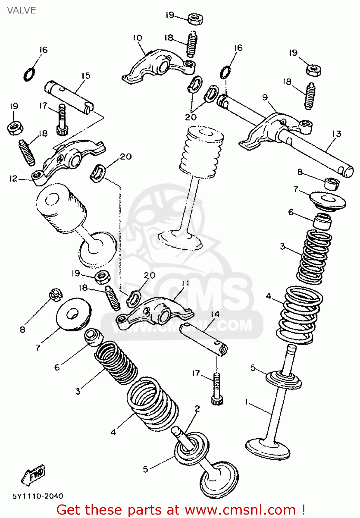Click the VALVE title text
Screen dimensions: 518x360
[x=21, y=10]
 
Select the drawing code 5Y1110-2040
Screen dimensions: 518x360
[x=38, y=496]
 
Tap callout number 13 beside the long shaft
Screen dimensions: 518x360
[x=336, y=134]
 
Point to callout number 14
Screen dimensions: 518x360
[x=215, y=314]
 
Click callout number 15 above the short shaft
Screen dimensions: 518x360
[x=86, y=76]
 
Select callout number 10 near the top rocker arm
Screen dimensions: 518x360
[x=137, y=38]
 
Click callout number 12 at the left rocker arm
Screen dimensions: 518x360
[x=13, y=179]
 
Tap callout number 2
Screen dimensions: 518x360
[x=197, y=409]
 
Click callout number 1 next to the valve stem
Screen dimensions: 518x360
[x=246, y=402]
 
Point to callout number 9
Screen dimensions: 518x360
[x=265, y=97]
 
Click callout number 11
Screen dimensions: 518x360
[x=186, y=283]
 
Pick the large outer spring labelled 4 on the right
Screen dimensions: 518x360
[x=300, y=315]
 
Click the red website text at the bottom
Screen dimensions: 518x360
[x=180, y=510]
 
